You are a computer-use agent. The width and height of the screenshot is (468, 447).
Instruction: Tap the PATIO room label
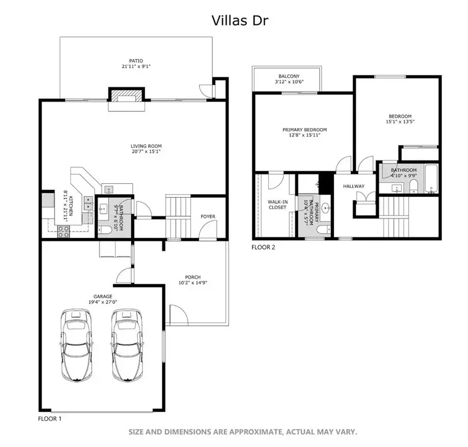click(x=136, y=61)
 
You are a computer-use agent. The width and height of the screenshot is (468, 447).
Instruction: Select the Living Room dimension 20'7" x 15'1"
click(x=146, y=152)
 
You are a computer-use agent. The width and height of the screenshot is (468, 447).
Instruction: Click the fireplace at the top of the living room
click(x=125, y=97)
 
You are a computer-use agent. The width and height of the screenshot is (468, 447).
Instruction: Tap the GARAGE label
click(x=102, y=296)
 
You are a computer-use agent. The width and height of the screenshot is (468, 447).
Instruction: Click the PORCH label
click(x=192, y=277)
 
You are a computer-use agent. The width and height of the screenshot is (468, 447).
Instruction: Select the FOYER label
click(x=208, y=216)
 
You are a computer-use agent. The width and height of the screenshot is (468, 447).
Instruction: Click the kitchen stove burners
click(x=64, y=231)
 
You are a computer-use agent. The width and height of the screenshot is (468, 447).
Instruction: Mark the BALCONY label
click(x=289, y=75)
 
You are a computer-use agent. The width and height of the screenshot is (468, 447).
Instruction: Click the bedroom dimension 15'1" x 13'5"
click(x=400, y=122)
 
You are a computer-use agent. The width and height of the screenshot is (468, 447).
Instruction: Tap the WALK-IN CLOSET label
click(x=277, y=204)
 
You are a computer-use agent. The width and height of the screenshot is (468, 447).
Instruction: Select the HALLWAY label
click(x=353, y=186)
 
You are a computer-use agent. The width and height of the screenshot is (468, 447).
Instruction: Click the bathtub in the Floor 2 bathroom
click(x=431, y=178)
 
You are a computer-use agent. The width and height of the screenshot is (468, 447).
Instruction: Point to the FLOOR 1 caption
click(x=51, y=418)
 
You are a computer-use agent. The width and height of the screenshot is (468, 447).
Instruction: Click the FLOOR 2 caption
click(x=263, y=247)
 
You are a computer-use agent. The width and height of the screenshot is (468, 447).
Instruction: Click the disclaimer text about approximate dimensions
click(x=243, y=432)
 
